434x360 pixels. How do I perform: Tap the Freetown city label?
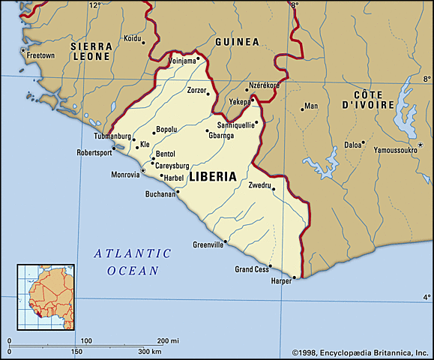pyautogui.click(x=40, y=55)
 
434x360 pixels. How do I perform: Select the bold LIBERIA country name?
pyautogui.click(x=213, y=177)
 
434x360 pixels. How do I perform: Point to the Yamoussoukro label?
pyautogui.click(x=385, y=150)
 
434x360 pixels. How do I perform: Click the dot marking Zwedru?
pyautogui.click(x=274, y=189)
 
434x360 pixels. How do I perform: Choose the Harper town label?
pyautogui.click(x=281, y=282)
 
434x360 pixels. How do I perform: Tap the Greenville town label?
pyautogui.click(x=208, y=244)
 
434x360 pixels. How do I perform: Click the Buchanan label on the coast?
pyautogui.click(x=160, y=193)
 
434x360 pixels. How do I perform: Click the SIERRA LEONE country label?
pyautogui.click(x=91, y=50)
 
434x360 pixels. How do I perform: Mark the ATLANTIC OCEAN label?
pyautogui.click(x=133, y=262)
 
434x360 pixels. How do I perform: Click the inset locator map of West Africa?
pyautogui.click(x=46, y=296)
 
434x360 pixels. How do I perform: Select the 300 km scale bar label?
pyautogui.click(x=150, y=351)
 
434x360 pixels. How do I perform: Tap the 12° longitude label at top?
pyautogui.click(x=94, y=5)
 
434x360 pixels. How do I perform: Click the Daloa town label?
pyautogui.click(x=353, y=144)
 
